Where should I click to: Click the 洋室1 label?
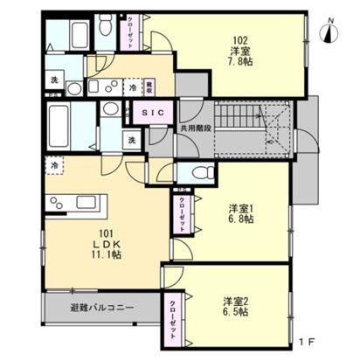point(240,208)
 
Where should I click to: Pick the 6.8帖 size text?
point(240,220)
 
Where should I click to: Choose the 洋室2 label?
point(234,299)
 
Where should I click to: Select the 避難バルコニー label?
point(101,309)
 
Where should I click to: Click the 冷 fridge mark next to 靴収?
point(132,87)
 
